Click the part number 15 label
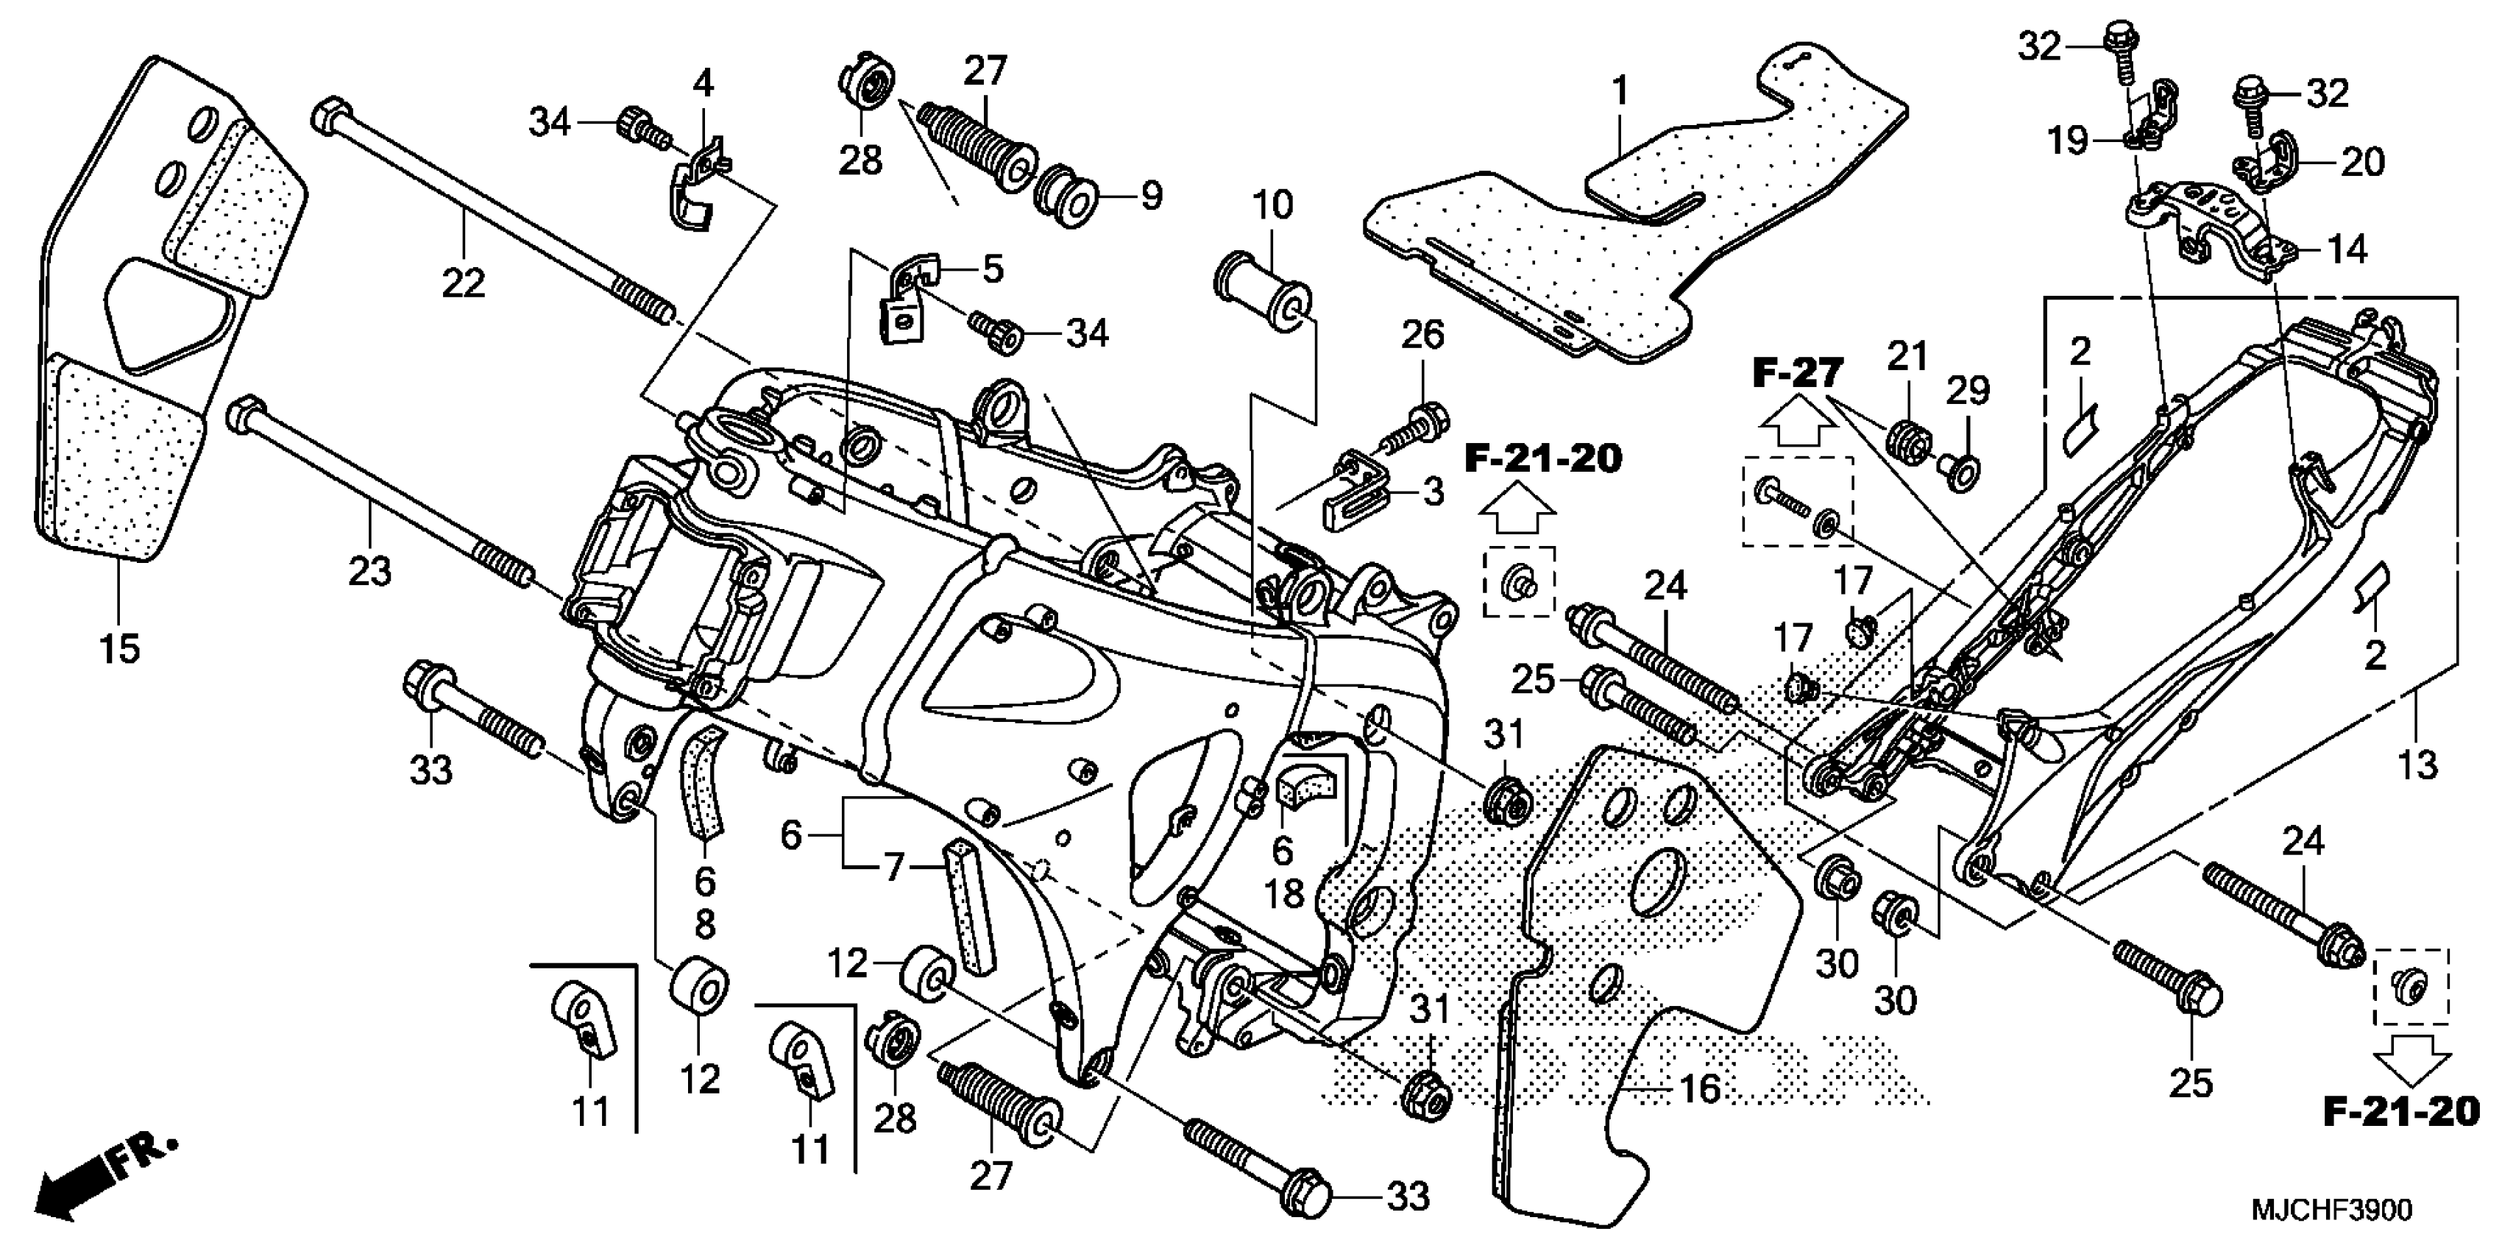(x=119, y=648)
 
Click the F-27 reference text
(x=1797, y=373)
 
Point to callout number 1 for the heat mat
(x=1619, y=92)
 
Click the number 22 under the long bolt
(x=464, y=283)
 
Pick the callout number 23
(x=370, y=570)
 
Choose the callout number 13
(x=2417, y=765)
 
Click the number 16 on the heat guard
(x=1700, y=1089)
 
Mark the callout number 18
(x=1284, y=893)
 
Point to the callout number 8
(x=705, y=925)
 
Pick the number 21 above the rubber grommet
(x=1907, y=356)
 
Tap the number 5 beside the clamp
(x=992, y=269)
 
